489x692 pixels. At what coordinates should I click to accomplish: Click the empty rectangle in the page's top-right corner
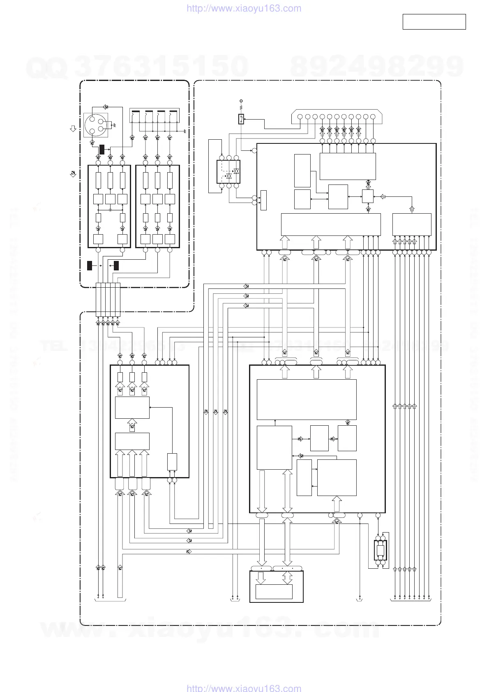point(434,22)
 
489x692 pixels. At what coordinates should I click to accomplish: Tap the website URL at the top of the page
point(244,9)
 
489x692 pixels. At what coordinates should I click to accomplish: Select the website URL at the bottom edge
point(244,688)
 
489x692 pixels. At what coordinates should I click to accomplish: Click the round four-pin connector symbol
point(96,125)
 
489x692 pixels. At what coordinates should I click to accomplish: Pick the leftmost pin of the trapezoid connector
point(300,117)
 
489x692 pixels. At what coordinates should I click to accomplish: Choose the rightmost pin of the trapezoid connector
point(373,117)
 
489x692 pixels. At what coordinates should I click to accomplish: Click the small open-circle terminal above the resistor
point(241,101)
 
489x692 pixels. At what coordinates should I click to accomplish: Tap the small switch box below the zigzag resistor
point(241,119)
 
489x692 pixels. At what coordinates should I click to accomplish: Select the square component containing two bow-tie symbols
point(228,172)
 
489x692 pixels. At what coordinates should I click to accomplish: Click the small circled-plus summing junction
point(110,210)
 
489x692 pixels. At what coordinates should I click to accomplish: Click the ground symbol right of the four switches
point(185,131)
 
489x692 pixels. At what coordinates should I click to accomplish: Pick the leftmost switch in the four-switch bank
point(135,117)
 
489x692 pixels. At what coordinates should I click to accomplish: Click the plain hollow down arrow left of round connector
point(73,129)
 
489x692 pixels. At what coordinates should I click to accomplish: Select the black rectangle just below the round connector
point(101,149)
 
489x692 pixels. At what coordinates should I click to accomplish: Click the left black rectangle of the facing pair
point(90,265)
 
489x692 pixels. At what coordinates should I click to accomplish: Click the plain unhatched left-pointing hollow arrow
point(383,197)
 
